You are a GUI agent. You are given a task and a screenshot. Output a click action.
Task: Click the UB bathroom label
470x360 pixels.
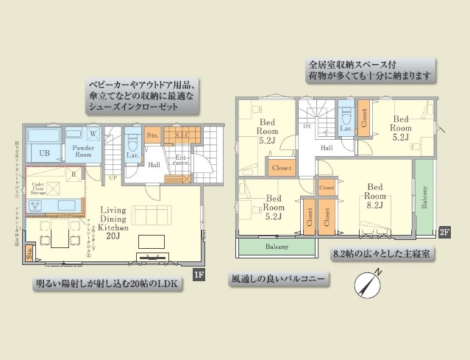click(x=44, y=152)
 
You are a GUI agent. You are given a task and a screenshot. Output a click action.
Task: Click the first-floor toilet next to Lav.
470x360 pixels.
click(x=133, y=138)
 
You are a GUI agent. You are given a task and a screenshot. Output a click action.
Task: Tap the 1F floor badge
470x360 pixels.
click(x=198, y=276)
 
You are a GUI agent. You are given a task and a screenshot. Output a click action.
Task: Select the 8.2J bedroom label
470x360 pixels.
click(x=375, y=205)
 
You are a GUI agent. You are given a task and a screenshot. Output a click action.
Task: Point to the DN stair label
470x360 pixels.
click(x=306, y=126)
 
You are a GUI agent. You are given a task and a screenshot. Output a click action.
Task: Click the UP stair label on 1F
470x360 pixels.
click(x=112, y=177)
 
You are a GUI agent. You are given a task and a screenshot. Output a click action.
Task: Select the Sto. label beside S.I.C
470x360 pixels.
click(x=152, y=135)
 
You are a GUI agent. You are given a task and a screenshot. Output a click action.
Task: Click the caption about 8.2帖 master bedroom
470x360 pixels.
click(x=381, y=254)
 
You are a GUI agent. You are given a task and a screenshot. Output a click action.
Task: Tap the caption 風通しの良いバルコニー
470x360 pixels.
click(x=279, y=280)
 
